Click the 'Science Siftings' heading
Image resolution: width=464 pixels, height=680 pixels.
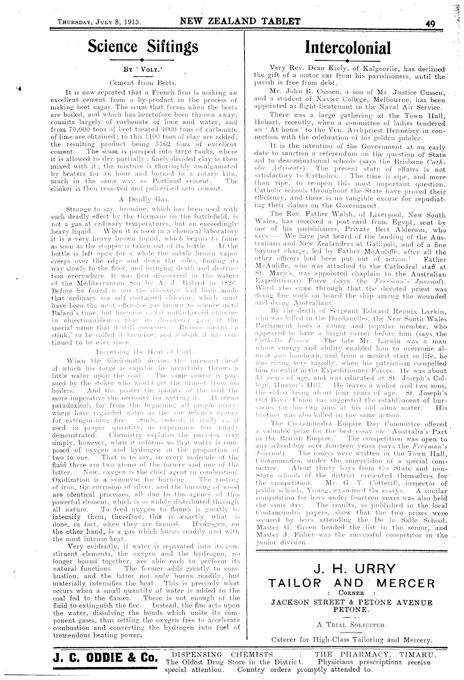click(142, 46)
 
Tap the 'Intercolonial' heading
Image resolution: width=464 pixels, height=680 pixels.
click(348, 47)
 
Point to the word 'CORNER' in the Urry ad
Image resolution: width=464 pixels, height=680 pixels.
click(352, 593)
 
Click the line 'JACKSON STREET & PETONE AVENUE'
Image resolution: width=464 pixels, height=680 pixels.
click(352, 602)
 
